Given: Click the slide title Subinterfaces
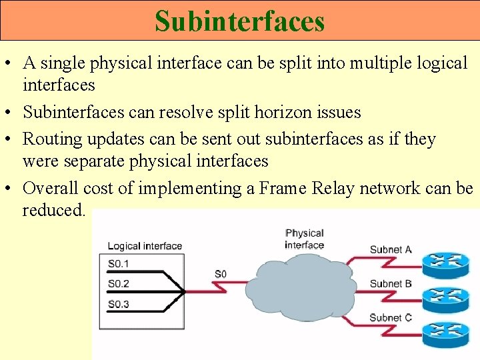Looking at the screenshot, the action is [239, 21].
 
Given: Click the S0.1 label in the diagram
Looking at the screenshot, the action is [118, 263].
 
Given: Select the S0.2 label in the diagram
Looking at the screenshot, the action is [118, 283].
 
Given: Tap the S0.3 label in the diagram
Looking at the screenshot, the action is [118, 304].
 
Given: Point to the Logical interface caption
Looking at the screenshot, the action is [145, 246].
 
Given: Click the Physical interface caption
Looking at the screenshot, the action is [304, 239].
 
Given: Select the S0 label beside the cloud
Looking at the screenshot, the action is [221, 274].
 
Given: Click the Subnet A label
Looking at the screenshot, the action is [391, 250].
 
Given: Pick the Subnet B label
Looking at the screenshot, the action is [391, 283].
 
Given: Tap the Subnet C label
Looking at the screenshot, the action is [391, 317].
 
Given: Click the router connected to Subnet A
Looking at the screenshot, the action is [446, 263].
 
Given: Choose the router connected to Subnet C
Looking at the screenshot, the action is [446, 334].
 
